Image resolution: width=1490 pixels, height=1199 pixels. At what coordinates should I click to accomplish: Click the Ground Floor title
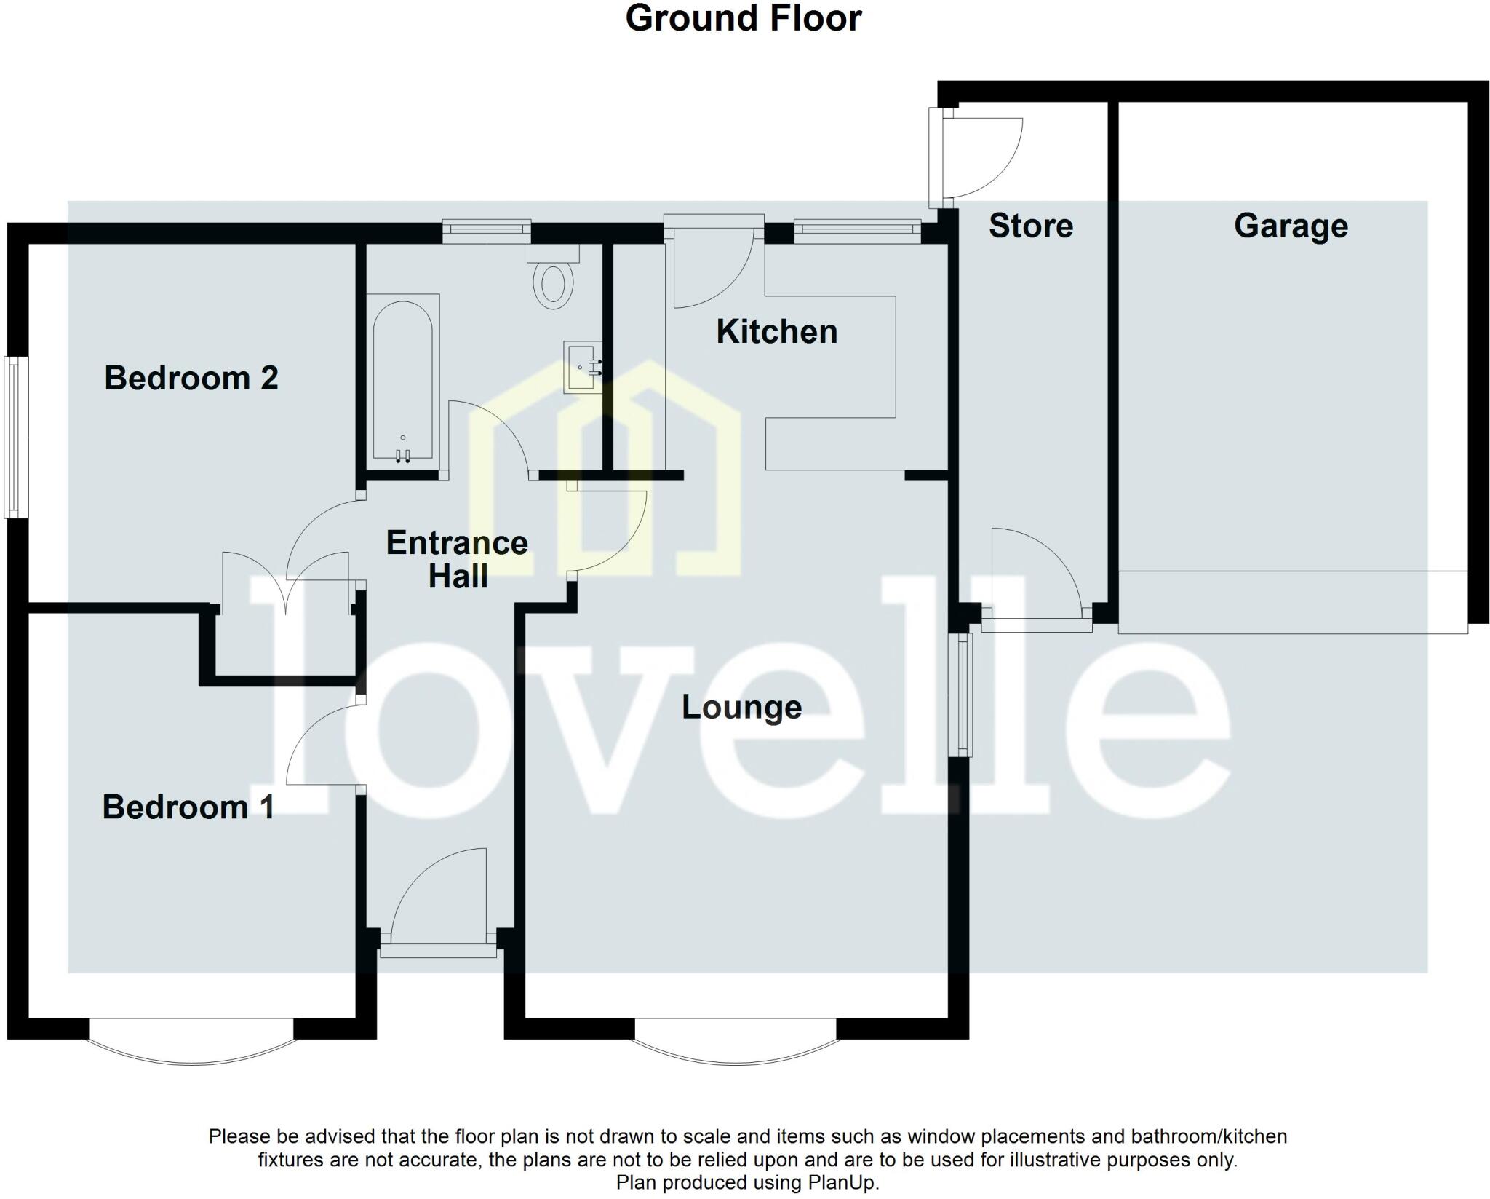point(743,19)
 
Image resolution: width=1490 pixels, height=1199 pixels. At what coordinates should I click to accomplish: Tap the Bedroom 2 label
point(191,378)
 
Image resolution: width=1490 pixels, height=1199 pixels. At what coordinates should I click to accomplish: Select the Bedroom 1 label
point(188,807)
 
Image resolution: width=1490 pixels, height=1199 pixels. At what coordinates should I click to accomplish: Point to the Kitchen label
point(776,332)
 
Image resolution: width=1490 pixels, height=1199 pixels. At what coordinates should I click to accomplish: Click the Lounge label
point(741,707)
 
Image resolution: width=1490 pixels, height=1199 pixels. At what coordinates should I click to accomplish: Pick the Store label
point(1030,226)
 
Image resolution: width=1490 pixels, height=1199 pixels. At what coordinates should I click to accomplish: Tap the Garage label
point(1291,226)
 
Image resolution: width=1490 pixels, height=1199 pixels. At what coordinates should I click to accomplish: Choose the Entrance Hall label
point(457,559)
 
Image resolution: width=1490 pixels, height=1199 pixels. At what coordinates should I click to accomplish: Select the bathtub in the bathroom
point(402,379)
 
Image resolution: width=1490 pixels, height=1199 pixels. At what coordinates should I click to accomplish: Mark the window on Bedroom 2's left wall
point(13,437)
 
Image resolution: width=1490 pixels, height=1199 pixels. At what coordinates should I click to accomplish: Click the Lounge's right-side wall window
point(964,695)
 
